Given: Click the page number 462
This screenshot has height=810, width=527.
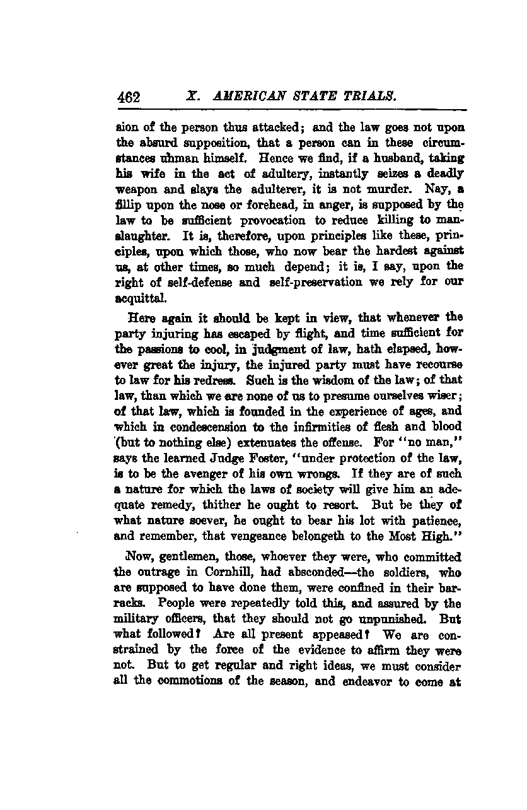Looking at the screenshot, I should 128,98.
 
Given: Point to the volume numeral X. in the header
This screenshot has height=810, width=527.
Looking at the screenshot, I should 192,97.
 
